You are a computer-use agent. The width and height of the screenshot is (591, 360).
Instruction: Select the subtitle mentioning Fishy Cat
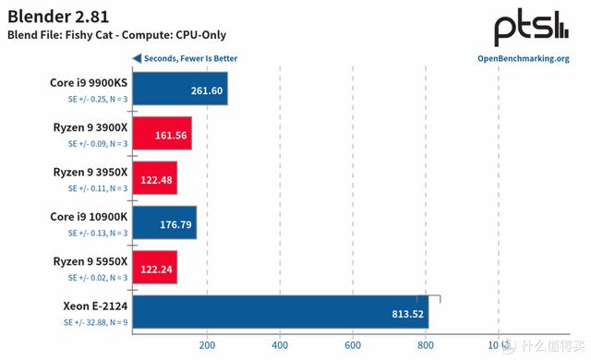[116, 35]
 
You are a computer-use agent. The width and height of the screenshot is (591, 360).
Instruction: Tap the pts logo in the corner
[531, 28]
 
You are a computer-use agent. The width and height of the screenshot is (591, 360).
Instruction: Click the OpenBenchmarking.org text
[523, 58]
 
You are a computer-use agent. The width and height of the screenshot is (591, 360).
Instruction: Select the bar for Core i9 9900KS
[180, 90]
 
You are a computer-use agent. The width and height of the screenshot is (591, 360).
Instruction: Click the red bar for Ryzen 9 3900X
[163, 134]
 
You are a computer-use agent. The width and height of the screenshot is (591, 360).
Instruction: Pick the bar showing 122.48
[155, 178]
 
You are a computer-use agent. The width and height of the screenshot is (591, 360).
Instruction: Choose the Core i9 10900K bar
[164, 222]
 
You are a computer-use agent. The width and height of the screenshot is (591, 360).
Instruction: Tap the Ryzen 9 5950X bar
[155, 267]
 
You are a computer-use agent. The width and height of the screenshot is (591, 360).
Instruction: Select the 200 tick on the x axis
[207, 345]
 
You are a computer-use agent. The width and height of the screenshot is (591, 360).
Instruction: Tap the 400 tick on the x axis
[280, 345]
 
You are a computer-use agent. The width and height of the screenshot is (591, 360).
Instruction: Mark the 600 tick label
[352, 345]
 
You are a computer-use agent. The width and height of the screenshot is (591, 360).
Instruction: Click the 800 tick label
[425, 345]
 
